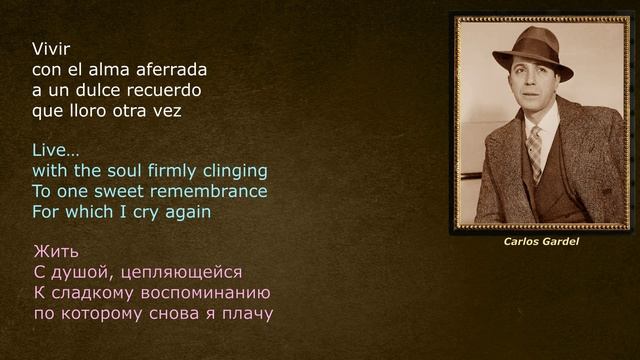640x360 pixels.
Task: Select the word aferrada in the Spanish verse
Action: pos(172,70)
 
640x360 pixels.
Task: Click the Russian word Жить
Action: pos(55,251)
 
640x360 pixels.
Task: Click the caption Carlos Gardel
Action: pos(541,242)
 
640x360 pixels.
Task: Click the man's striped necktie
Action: pos(536,150)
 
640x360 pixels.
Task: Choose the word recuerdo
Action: pos(184,90)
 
